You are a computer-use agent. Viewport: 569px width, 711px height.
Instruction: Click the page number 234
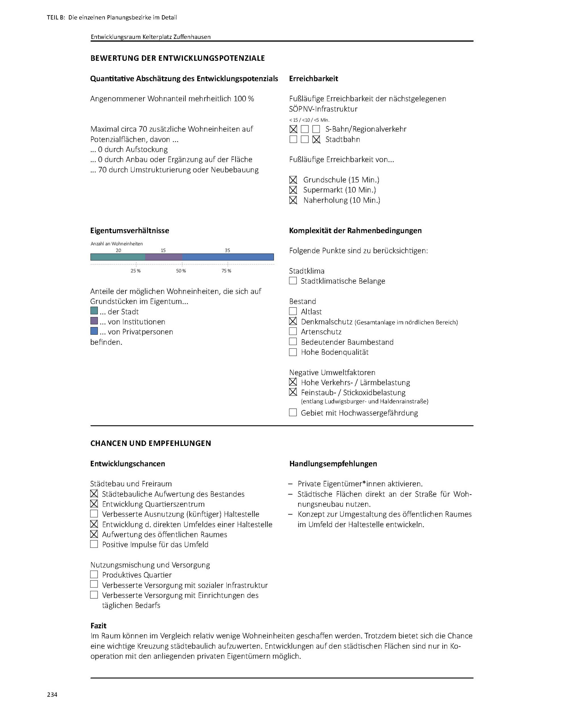coord(52,694)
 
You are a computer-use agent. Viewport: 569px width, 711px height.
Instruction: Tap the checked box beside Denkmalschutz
coord(292,321)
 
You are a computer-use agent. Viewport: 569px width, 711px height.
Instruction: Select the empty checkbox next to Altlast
coord(292,311)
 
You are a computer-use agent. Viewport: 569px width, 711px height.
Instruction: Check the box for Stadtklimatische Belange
coord(292,281)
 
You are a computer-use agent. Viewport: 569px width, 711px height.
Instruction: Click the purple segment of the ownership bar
coord(163,257)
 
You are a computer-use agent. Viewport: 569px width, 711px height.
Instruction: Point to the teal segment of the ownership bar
coord(118,257)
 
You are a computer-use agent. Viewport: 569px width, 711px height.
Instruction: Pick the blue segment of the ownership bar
coord(228,257)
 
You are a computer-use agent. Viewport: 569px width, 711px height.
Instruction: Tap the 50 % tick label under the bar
coord(181,271)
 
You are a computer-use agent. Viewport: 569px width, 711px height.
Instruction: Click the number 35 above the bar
coord(227,250)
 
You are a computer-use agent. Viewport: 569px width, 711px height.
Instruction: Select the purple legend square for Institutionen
coord(94,321)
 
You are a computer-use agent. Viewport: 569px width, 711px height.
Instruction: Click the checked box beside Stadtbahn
coord(316,139)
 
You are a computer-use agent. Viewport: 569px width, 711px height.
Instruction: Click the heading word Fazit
coord(98,626)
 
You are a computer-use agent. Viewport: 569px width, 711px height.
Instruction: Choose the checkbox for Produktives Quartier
coord(94,574)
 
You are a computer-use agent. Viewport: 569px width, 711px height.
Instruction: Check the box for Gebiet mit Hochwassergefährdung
coord(292,412)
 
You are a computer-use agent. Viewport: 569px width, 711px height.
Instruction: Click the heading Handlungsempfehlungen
coord(333,463)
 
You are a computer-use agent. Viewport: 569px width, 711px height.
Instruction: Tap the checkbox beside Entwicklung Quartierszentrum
coord(94,504)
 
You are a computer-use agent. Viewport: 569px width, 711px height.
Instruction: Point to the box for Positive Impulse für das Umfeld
coord(94,544)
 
